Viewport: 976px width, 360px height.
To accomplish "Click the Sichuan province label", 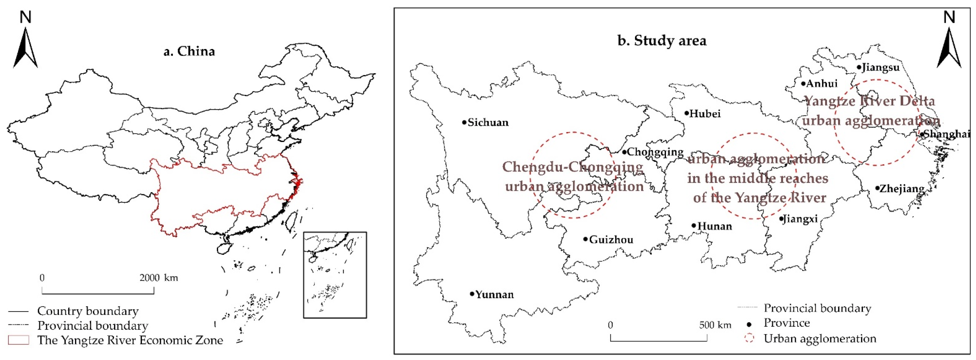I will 488,122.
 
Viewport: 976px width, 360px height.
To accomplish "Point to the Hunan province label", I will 715,226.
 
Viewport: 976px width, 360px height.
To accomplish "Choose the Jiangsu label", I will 881,68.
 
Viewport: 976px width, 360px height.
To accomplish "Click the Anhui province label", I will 822,84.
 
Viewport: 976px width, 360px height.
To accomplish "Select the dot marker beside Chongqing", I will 624,152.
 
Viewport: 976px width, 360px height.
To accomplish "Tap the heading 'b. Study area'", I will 662,40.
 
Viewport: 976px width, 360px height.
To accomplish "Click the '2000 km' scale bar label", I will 159,278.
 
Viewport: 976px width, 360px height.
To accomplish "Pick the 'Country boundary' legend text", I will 88,311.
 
